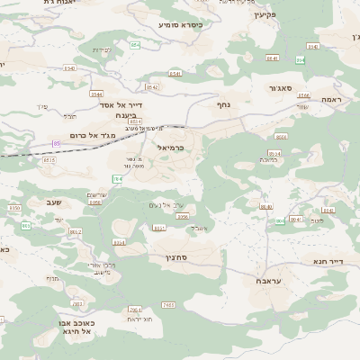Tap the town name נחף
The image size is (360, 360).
[x=223, y=105]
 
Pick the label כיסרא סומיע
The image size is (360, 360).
[x=180, y=24]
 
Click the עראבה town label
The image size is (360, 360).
[x=260, y=282]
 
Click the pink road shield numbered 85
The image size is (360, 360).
[x=56, y=143]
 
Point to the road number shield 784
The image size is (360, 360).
[x=118, y=179]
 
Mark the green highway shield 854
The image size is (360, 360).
[x=135, y=44]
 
